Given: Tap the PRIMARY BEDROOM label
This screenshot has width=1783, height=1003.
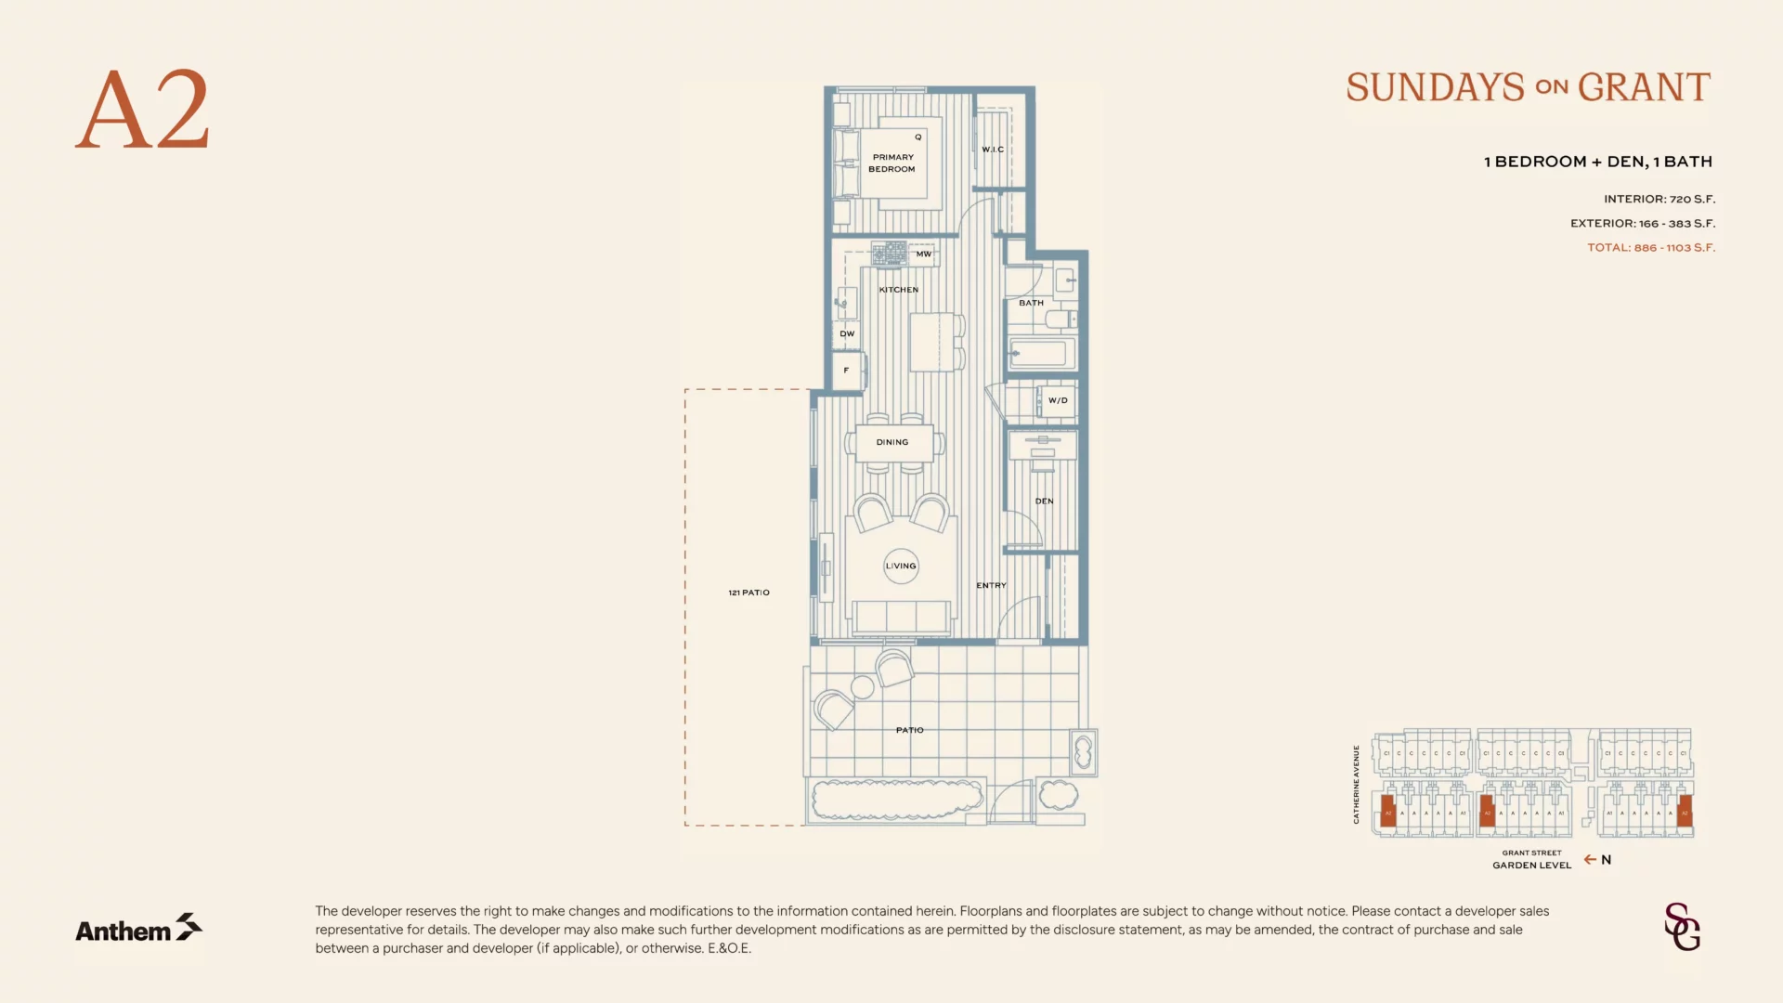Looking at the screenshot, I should [x=892, y=163].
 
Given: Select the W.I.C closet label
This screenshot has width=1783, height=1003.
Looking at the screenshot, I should [x=993, y=150].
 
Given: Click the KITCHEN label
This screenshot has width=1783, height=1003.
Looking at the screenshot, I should [x=898, y=290].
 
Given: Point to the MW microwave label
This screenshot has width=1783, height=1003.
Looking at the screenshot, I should [x=923, y=254].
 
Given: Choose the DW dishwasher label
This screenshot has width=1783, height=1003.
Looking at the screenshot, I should [x=847, y=333].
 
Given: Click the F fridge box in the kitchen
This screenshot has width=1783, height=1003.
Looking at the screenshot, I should [x=847, y=371].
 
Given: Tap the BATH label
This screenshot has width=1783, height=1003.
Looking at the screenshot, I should [x=1031, y=303].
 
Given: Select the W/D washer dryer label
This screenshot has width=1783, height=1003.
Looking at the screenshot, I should [x=1058, y=401].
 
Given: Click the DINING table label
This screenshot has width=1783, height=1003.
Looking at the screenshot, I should [x=892, y=442].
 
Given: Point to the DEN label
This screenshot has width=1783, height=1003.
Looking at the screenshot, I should [x=1044, y=501].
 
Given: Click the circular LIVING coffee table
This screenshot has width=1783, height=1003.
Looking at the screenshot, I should [x=901, y=566].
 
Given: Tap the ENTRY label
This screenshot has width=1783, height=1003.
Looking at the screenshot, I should [x=991, y=586].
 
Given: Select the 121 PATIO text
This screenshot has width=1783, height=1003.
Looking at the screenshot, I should [x=748, y=593].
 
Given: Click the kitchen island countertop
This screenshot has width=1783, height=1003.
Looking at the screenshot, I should [x=931, y=342].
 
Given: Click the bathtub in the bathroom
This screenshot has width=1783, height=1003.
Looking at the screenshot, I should [x=1040, y=354].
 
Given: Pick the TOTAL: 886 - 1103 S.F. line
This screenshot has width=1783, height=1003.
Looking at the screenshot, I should [x=1650, y=248].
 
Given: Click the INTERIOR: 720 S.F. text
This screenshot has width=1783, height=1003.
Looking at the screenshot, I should [x=1659, y=200].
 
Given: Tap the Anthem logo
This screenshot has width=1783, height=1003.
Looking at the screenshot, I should [x=138, y=929].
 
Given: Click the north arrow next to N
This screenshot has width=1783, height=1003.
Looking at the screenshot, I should [x=1590, y=860].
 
